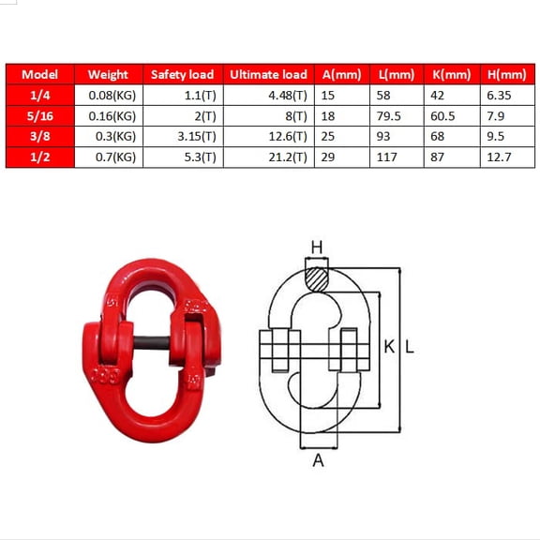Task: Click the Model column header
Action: point(39,74)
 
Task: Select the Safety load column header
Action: point(182,74)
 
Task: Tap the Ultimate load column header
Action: point(268,74)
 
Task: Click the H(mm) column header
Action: point(507,74)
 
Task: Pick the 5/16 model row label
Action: point(39,116)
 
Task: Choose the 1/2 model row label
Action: point(39,157)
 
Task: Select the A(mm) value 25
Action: point(328,137)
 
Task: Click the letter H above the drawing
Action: point(317,247)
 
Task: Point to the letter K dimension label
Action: point(389,347)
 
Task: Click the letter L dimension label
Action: point(409,347)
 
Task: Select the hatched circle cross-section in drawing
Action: point(317,278)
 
